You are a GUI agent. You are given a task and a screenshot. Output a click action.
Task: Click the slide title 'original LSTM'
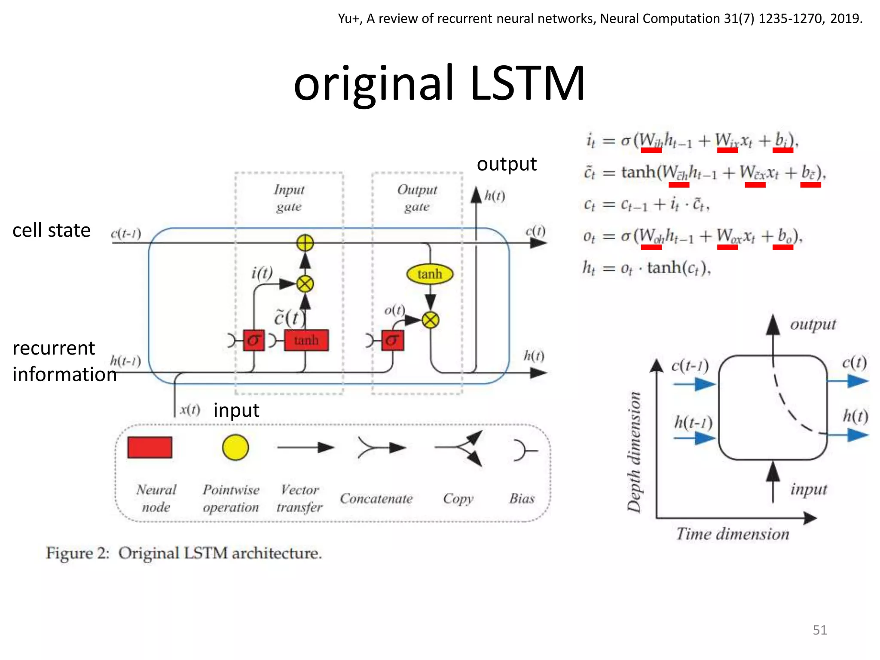click(x=439, y=83)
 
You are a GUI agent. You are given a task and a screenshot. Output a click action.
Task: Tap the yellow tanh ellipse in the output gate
click(x=430, y=274)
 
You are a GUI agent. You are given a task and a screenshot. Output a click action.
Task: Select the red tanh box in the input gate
click(x=306, y=340)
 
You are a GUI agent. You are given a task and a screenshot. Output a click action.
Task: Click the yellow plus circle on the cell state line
click(x=305, y=243)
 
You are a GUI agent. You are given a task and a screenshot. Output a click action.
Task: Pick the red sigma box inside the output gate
click(x=392, y=340)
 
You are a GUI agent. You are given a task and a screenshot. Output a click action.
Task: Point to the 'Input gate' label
click(x=289, y=198)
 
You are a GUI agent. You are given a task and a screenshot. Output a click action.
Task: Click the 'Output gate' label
click(x=417, y=198)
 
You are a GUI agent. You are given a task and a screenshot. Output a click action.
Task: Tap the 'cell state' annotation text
click(x=52, y=230)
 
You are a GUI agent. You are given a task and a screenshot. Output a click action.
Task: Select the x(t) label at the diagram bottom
click(x=190, y=409)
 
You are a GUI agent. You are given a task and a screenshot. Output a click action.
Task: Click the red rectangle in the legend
click(x=150, y=447)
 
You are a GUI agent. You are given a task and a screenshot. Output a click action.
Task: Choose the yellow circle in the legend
click(x=235, y=447)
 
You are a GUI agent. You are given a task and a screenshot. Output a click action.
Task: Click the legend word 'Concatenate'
click(x=376, y=498)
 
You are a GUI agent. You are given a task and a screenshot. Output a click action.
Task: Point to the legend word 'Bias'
click(x=522, y=498)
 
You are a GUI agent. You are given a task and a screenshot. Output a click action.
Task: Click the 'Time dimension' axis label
click(x=733, y=534)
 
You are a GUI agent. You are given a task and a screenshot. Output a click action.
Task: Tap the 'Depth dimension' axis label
click(x=634, y=452)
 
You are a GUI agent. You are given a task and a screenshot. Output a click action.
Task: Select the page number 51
click(x=819, y=630)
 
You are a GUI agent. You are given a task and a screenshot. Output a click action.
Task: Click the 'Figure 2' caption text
click(x=184, y=553)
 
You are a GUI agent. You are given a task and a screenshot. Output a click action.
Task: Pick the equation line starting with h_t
click(x=647, y=268)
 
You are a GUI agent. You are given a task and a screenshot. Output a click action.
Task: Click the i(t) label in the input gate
click(x=262, y=273)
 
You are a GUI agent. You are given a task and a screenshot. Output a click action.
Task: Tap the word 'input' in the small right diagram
click(x=809, y=489)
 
